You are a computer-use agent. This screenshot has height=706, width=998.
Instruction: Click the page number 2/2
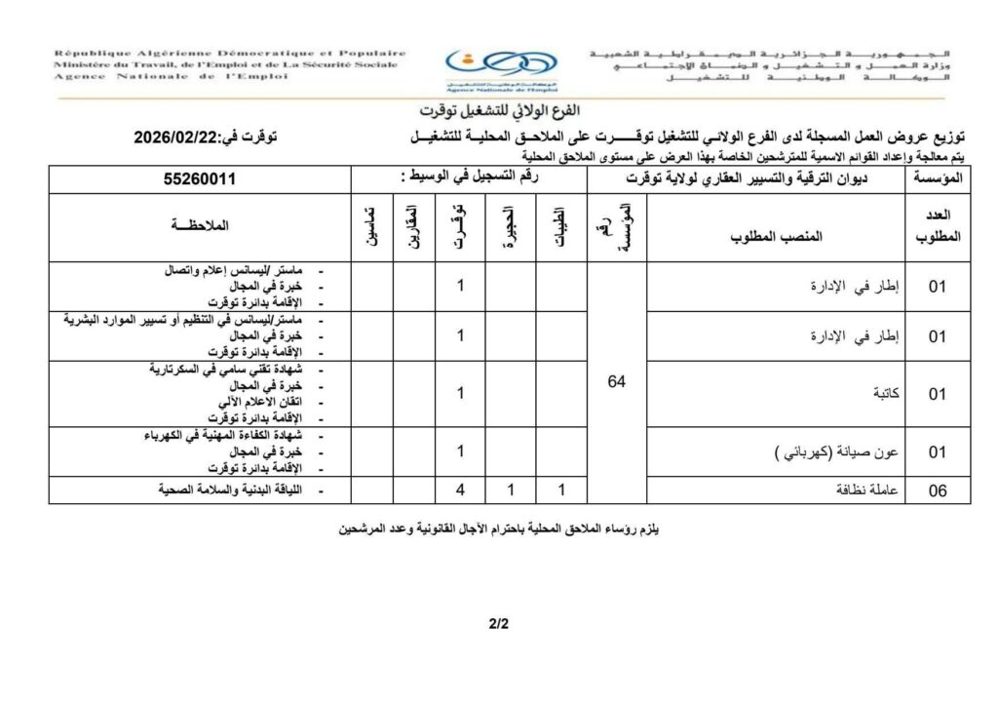coord(499,624)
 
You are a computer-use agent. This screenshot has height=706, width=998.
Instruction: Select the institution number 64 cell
coord(617,382)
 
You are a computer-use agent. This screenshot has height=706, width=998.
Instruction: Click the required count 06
coord(938,491)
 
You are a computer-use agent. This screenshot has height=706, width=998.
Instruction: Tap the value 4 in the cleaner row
coord(459,490)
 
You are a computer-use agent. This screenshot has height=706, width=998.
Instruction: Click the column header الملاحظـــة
coord(200,226)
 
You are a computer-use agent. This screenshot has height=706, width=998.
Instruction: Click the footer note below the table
coord(499,530)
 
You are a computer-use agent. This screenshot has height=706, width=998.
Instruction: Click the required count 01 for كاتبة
coord(938,394)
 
